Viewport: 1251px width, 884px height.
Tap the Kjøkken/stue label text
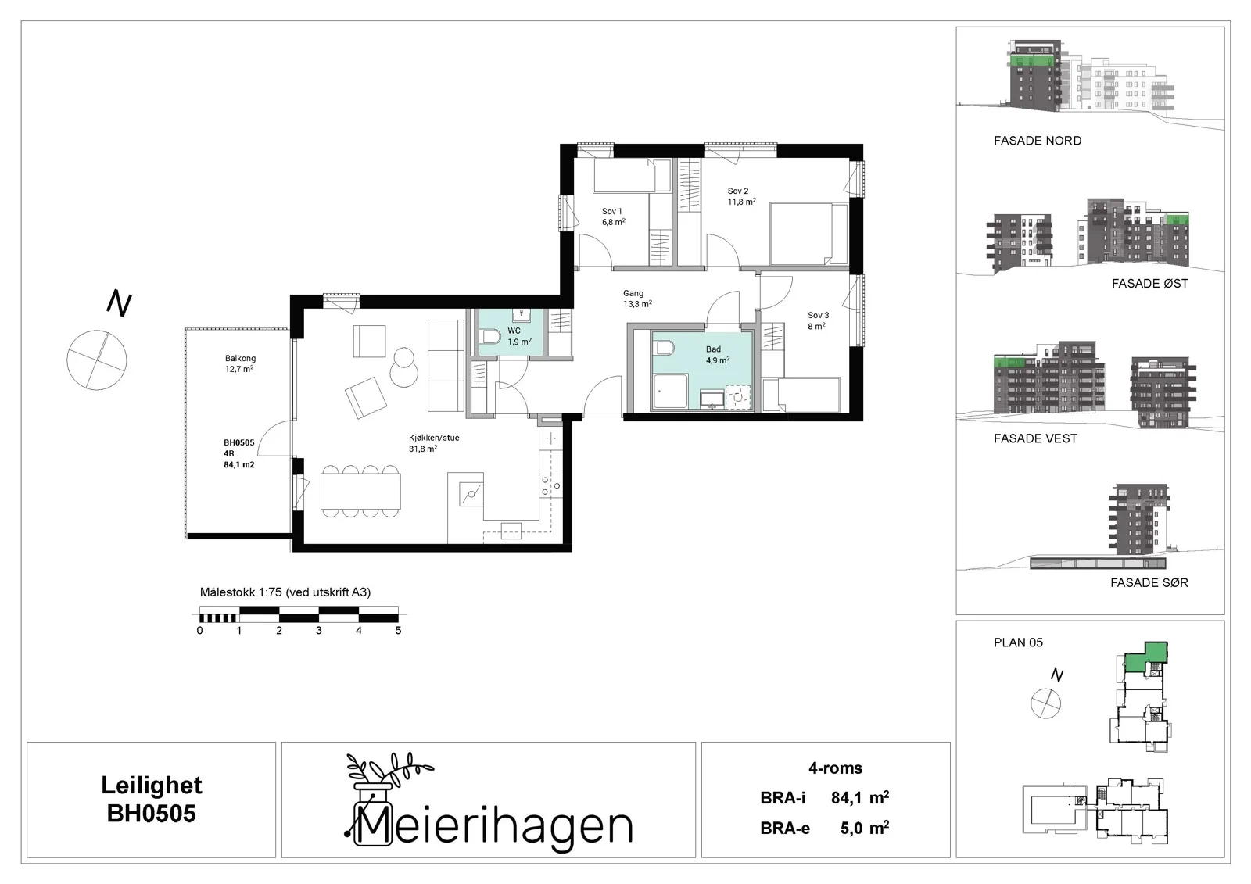coord(434,438)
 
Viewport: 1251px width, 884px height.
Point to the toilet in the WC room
coord(490,338)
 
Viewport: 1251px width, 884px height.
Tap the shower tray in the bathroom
coord(670,391)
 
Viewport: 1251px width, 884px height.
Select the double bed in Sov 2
coord(808,234)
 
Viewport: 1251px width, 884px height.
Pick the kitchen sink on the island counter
coord(471,494)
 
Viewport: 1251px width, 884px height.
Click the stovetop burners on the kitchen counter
coord(550,485)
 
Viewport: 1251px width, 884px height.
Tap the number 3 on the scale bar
coord(319,631)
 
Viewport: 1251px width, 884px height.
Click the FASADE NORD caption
coord(1037,141)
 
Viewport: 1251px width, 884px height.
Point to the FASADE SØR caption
coord(1149,583)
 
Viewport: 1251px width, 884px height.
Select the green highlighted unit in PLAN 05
coord(1145,658)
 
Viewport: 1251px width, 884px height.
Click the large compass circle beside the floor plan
coord(97,360)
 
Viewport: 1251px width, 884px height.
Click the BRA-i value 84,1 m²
coord(860,797)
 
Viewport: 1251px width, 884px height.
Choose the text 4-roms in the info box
coord(836,768)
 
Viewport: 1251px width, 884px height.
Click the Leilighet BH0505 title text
coord(152,799)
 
